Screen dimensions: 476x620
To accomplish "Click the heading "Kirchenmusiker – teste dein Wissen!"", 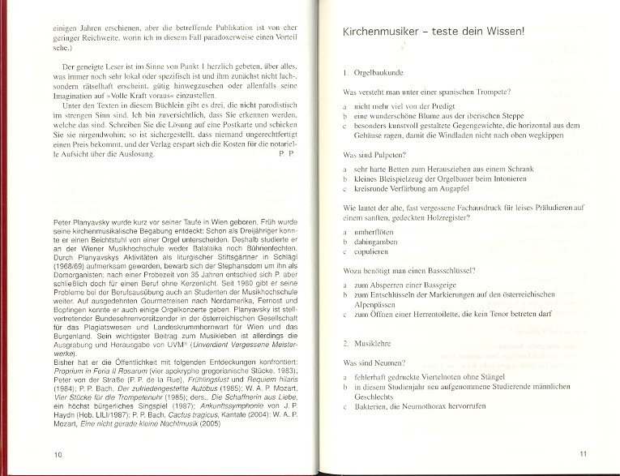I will [434, 32].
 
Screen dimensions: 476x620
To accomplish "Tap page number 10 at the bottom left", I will [57, 454].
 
